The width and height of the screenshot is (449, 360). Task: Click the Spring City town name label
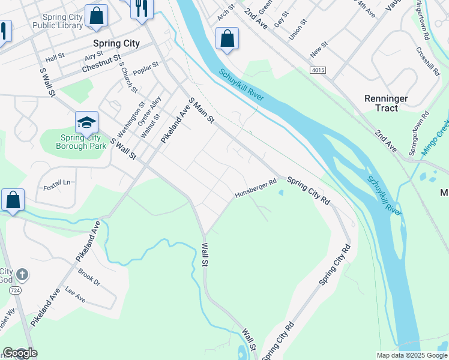(116, 43)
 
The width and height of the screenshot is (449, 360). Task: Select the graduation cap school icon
(86, 122)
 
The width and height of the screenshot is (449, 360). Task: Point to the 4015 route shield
(318, 70)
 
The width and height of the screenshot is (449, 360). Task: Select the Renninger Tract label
(387, 103)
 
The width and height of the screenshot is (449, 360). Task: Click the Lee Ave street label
(76, 296)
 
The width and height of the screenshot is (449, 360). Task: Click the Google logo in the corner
(20, 353)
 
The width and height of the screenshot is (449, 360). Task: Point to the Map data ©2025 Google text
(411, 355)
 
